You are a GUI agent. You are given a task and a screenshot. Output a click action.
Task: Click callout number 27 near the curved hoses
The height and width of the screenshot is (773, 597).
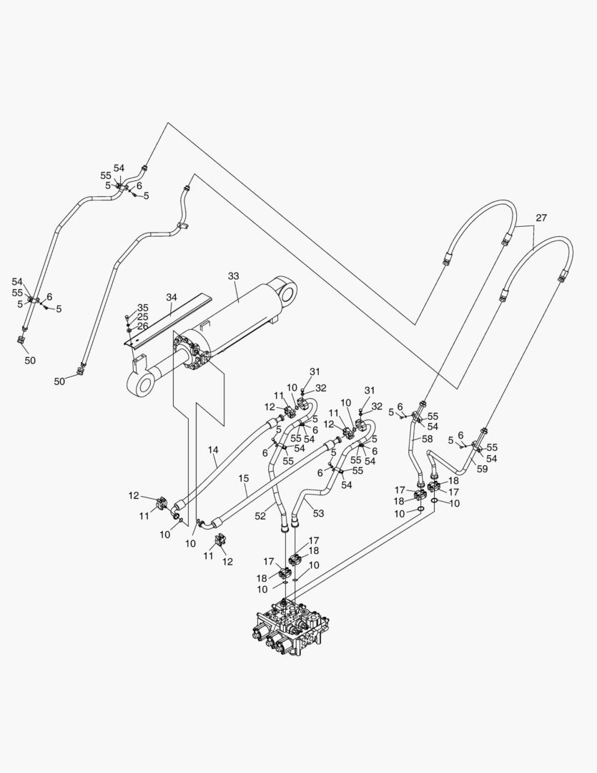tap(541, 218)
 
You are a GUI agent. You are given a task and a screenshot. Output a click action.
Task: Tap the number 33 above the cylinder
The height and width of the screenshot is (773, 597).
tap(233, 276)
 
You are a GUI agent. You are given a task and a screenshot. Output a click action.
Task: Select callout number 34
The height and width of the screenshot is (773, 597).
tap(172, 296)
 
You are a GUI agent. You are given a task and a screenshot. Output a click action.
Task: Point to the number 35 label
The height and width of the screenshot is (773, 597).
tap(143, 308)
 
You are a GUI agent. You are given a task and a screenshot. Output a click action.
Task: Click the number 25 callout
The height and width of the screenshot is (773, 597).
tap(143, 317)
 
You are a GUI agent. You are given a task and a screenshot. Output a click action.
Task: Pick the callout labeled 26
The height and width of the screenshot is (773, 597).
tap(143, 326)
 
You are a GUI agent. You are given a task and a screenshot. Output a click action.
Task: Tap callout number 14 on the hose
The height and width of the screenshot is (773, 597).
tap(213, 450)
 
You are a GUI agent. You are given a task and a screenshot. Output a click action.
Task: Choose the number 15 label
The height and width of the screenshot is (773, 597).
tap(243, 477)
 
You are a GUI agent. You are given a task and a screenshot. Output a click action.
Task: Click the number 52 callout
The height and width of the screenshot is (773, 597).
tap(260, 515)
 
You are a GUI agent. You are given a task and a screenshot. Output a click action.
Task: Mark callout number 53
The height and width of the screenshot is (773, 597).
tap(318, 512)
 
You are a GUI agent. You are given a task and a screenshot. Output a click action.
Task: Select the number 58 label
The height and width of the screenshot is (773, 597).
tap(427, 438)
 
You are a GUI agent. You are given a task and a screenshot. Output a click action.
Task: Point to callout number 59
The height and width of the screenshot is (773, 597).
tap(482, 470)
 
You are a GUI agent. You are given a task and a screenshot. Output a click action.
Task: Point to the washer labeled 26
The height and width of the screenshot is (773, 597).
tap(128, 329)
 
